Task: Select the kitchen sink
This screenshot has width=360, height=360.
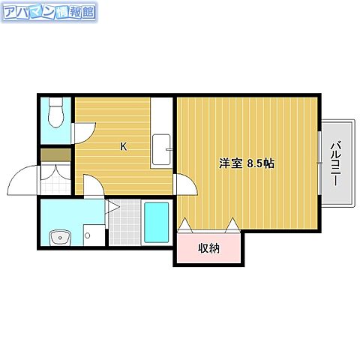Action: tap(161, 149)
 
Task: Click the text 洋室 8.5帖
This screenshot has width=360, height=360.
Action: tap(246, 163)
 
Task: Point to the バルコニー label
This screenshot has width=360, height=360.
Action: tap(335, 162)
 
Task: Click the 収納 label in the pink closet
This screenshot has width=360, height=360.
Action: tap(208, 248)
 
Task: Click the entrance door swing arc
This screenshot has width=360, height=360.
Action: tap(22, 180)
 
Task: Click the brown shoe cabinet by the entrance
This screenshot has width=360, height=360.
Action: tap(54, 156)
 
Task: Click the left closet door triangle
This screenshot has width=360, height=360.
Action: tap(186, 223)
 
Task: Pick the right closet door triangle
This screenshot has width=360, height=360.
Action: tap(233, 223)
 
